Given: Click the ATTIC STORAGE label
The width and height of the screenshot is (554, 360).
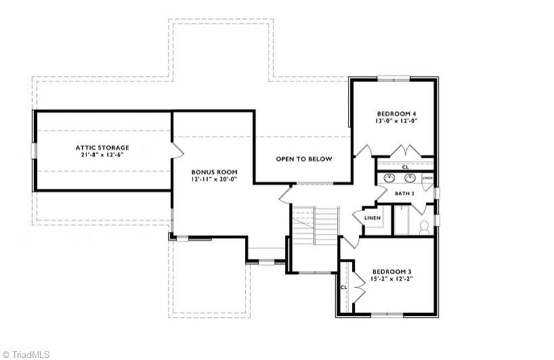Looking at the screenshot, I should (102, 147).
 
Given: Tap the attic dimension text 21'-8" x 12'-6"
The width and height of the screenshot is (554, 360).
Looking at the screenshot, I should (102, 154).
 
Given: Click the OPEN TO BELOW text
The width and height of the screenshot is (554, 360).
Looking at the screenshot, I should (304, 159).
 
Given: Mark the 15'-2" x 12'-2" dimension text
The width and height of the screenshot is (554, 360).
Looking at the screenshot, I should (391, 278).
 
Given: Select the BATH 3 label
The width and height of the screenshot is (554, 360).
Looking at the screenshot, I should (404, 194).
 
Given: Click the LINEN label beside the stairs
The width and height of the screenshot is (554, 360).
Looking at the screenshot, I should (372, 218).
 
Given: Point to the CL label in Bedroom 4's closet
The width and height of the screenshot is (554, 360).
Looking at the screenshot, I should (405, 166).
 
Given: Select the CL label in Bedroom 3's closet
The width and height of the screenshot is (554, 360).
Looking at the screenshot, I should (344, 287).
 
